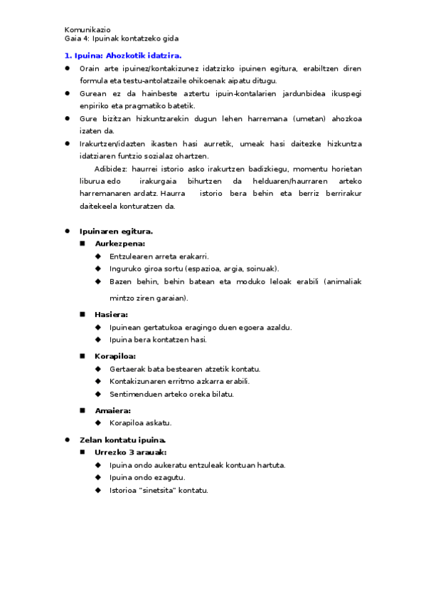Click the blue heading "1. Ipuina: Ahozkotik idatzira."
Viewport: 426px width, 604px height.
pos(123,55)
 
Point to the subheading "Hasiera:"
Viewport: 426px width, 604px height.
pos(111,314)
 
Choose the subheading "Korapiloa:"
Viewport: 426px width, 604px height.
pos(115,355)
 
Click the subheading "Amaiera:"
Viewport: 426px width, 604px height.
pos(112,410)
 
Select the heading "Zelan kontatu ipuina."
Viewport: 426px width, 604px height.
pos(122,439)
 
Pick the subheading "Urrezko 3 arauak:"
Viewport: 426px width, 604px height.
pos(131,452)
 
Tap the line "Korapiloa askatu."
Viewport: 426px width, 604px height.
pos(141,423)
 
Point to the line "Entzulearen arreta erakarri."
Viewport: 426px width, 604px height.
pos(159,256)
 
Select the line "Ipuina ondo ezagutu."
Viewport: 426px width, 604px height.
pos(147,478)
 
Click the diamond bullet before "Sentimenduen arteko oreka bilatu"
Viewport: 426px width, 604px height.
pos(98,394)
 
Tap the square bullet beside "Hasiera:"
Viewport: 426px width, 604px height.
pos(82,314)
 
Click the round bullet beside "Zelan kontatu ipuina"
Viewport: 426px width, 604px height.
pos(67,439)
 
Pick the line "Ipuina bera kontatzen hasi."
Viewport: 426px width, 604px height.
pos(159,340)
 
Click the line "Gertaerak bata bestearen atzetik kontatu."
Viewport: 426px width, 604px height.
pos(185,368)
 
